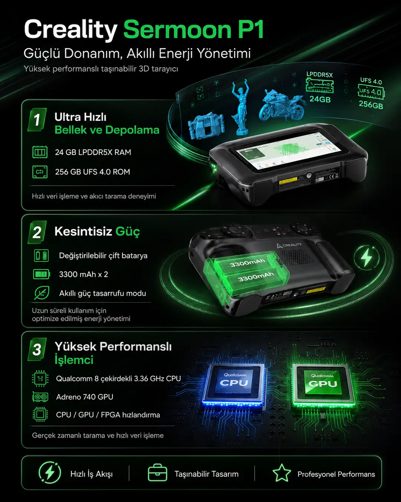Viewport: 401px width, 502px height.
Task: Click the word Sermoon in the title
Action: [177, 29]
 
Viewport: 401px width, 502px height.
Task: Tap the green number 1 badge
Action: [37, 120]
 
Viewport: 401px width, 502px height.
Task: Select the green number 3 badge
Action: [37, 350]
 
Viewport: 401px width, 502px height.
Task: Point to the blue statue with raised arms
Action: [240, 107]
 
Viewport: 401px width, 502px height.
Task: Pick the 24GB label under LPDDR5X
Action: [320, 99]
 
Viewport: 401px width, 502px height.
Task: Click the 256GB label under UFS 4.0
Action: [371, 105]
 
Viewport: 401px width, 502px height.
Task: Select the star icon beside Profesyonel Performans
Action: [282, 473]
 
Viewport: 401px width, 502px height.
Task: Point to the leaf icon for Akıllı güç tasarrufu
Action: [42, 293]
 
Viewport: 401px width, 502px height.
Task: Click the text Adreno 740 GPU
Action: [85, 397]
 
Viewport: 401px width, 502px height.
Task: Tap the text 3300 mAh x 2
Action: [84, 274]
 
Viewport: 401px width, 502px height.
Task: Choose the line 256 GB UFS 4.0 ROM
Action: [92, 172]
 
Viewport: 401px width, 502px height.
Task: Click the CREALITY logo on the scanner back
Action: [289, 245]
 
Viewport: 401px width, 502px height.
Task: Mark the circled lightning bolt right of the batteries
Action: [366, 258]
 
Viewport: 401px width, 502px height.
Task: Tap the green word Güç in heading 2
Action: [128, 232]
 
